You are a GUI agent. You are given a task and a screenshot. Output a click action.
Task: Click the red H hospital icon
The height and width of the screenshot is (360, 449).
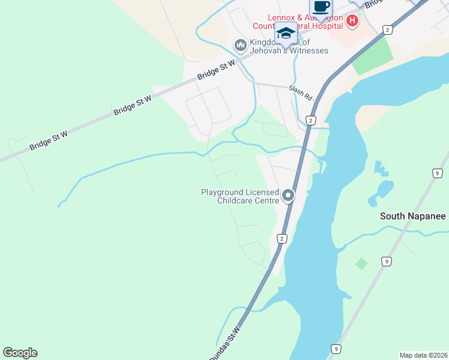pyautogui.click(x=352, y=23)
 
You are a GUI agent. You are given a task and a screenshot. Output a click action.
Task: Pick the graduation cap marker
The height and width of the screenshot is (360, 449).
pyautogui.click(x=286, y=34)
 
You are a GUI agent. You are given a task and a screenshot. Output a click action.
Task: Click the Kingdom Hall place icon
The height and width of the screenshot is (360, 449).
pyautogui.click(x=240, y=45)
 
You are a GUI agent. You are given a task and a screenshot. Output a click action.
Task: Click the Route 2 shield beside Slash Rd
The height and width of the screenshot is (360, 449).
pyautogui.click(x=310, y=121)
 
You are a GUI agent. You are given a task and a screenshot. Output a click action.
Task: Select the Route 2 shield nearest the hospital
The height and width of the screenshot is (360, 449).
pyautogui.click(x=388, y=29)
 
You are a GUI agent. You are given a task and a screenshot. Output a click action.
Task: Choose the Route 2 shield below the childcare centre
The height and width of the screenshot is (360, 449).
pyautogui.click(x=282, y=238)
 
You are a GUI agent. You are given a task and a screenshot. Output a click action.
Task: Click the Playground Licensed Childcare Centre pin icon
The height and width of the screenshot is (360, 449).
pyautogui.click(x=289, y=196)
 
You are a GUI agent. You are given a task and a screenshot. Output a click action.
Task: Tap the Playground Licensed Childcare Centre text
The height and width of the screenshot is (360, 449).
pyautogui.click(x=240, y=196)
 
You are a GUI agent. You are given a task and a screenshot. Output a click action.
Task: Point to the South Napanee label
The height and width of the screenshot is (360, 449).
pyautogui.click(x=413, y=216)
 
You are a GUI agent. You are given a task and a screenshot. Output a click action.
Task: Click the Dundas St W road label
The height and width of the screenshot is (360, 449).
pyautogui.click(x=224, y=344)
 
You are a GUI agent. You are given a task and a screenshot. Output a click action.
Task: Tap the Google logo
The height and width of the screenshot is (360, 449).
pyautogui.click(x=20, y=353)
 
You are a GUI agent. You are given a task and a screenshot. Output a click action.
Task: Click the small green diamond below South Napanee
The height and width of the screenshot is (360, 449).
pyautogui.click(x=361, y=263)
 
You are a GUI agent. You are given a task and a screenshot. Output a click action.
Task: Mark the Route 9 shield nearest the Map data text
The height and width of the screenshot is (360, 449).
pyautogui.click(x=336, y=349)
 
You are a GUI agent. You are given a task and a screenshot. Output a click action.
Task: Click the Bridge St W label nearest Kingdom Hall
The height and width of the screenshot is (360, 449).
pyautogui.click(x=215, y=70)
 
